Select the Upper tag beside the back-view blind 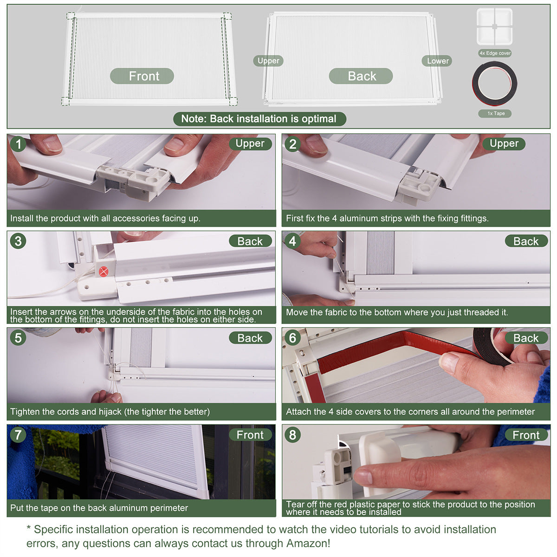click(x=268, y=61)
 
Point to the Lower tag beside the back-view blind click(x=437, y=61)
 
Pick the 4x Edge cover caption click(x=495, y=53)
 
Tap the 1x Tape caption click(x=495, y=113)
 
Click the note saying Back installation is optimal click(x=259, y=119)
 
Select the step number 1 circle click(x=18, y=143)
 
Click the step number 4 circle click(x=292, y=241)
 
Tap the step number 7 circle click(x=18, y=434)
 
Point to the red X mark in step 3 click(x=104, y=271)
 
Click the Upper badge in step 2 click(x=504, y=143)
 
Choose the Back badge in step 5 click(x=250, y=337)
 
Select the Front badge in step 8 click(x=526, y=434)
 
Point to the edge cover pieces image click(x=494, y=26)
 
